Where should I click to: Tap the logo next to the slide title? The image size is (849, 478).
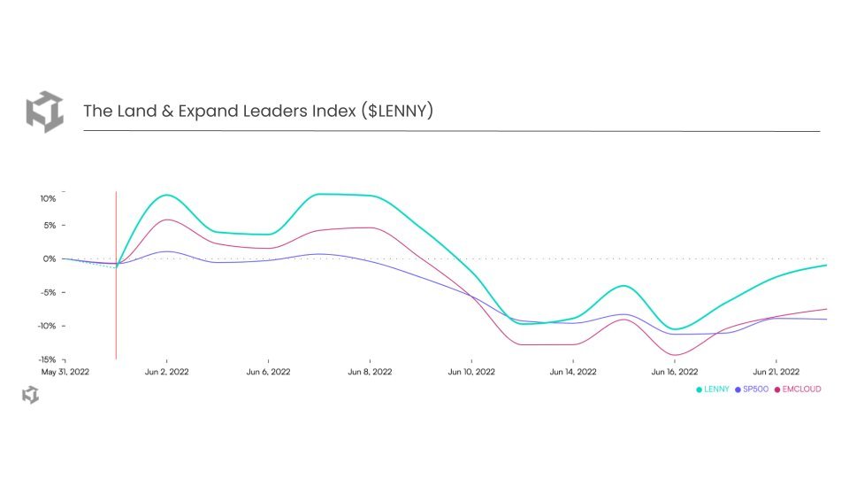point(44,112)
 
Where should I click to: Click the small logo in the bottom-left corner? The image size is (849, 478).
point(30,395)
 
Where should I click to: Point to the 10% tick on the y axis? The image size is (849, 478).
point(48,198)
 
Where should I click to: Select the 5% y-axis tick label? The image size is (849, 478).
point(50,226)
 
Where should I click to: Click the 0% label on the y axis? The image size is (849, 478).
point(50,259)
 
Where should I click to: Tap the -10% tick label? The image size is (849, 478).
point(47,326)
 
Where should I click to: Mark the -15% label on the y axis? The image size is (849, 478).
point(47,359)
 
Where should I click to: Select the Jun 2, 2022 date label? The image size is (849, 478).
point(167,373)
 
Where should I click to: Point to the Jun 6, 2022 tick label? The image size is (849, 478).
point(268,373)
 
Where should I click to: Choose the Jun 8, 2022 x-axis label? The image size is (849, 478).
point(370,373)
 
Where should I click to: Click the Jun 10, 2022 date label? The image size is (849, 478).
point(471,373)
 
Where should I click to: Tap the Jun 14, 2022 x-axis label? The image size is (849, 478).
point(573,373)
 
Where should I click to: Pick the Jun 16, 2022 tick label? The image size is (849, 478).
point(675,373)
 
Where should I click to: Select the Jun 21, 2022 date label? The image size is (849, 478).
point(776,373)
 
